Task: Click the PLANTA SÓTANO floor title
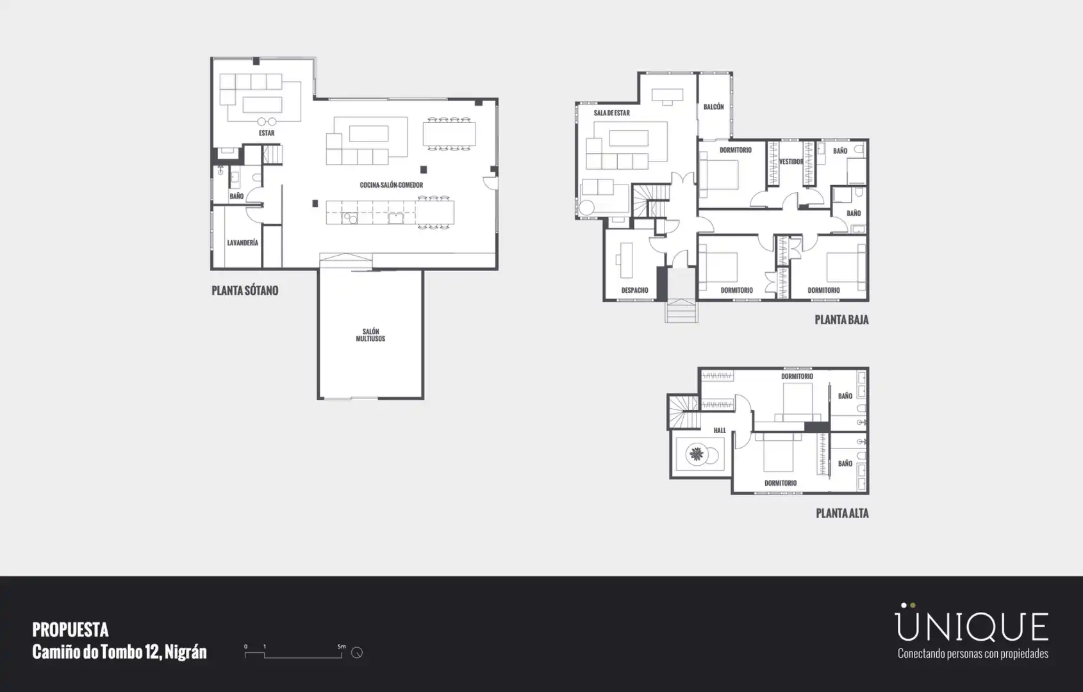[245, 291]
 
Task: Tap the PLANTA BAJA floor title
[842, 320]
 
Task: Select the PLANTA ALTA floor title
[842, 513]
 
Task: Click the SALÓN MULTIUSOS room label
[370, 335]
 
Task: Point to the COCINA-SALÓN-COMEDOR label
[391, 185]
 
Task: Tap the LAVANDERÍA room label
[243, 243]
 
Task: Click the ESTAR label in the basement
[267, 133]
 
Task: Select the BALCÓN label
[714, 107]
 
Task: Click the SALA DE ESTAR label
[611, 113]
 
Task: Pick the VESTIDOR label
[791, 161]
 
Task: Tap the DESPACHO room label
[634, 290]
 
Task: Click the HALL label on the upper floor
[720, 431]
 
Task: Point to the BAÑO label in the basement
[236, 196]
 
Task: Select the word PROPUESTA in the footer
[70, 630]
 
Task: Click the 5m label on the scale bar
[342, 647]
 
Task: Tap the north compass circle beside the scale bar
[357, 652]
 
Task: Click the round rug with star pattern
[697, 454]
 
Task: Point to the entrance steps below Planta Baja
[681, 311]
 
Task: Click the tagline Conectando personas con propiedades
[973, 654]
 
